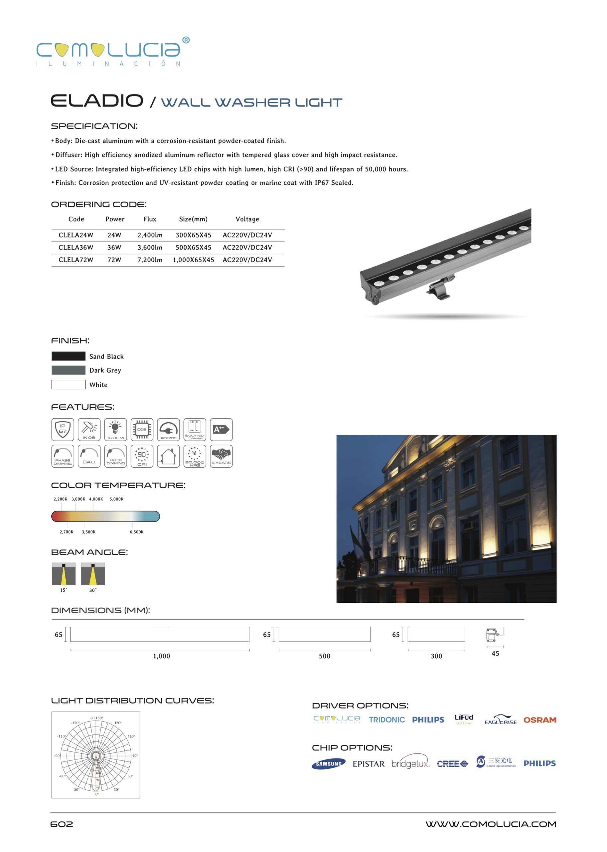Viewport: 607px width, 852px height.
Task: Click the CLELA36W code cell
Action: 76,248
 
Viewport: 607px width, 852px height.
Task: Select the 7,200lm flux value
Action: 150,260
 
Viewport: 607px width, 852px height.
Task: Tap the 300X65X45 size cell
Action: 193,235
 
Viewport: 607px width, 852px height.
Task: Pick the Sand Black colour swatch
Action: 69,356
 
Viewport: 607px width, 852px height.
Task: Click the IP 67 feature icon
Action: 63,429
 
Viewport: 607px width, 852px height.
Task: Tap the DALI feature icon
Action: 89,456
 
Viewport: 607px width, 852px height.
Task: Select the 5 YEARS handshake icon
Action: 221,456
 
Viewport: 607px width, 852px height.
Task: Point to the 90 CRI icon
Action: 142,456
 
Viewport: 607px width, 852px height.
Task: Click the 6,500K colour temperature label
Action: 136,532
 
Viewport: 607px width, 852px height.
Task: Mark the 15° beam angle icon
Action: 64,574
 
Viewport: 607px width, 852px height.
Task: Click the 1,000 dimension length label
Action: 161,656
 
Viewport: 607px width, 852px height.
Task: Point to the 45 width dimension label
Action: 495,653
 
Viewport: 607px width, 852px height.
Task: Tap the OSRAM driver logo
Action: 540,720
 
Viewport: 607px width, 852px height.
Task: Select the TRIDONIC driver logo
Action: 387,720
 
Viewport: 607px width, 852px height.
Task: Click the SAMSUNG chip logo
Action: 329,764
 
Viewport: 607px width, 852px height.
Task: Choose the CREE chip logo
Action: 452,764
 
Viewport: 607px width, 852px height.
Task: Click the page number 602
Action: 62,824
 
